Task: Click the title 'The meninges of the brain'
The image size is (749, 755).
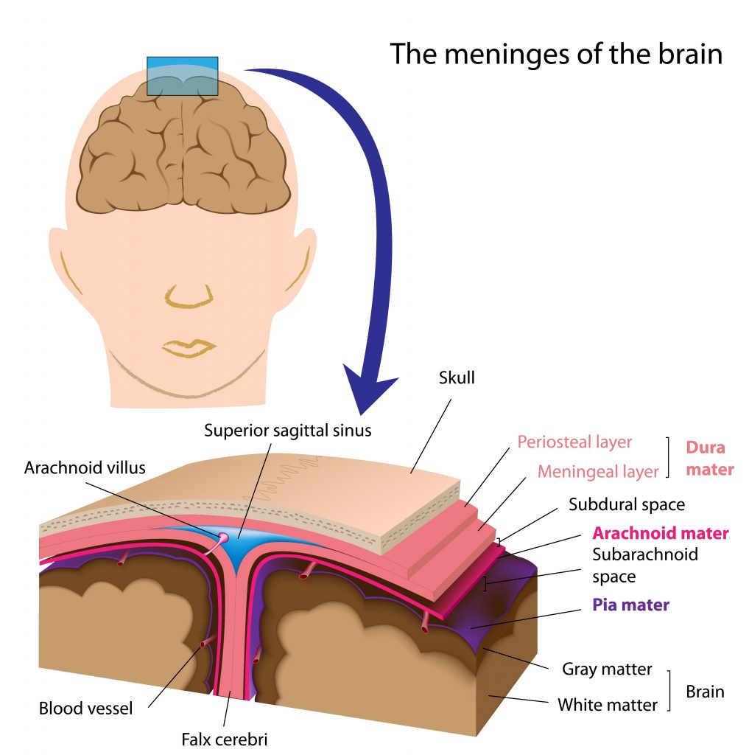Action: [x=555, y=54]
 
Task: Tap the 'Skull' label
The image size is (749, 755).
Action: [x=457, y=378]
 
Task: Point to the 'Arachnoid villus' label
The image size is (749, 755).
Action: [x=85, y=467]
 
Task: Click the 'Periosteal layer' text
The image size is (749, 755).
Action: [x=574, y=442]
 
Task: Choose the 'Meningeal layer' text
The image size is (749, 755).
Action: [x=598, y=471]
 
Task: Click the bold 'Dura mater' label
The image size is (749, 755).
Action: [x=709, y=458]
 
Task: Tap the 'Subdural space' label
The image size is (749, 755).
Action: [x=627, y=504]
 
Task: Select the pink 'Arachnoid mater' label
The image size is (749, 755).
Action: [x=661, y=533]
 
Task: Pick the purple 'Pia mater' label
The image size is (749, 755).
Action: [x=631, y=605]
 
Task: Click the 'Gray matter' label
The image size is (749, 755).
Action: [x=607, y=669]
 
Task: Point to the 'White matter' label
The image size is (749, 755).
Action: [x=607, y=705]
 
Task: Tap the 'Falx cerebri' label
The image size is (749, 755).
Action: [x=224, y=737]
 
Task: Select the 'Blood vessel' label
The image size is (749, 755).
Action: [x=85, y=709]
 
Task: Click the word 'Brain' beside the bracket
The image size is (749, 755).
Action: [x=705, y=692]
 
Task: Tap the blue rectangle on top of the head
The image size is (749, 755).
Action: [x=182, y=75]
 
